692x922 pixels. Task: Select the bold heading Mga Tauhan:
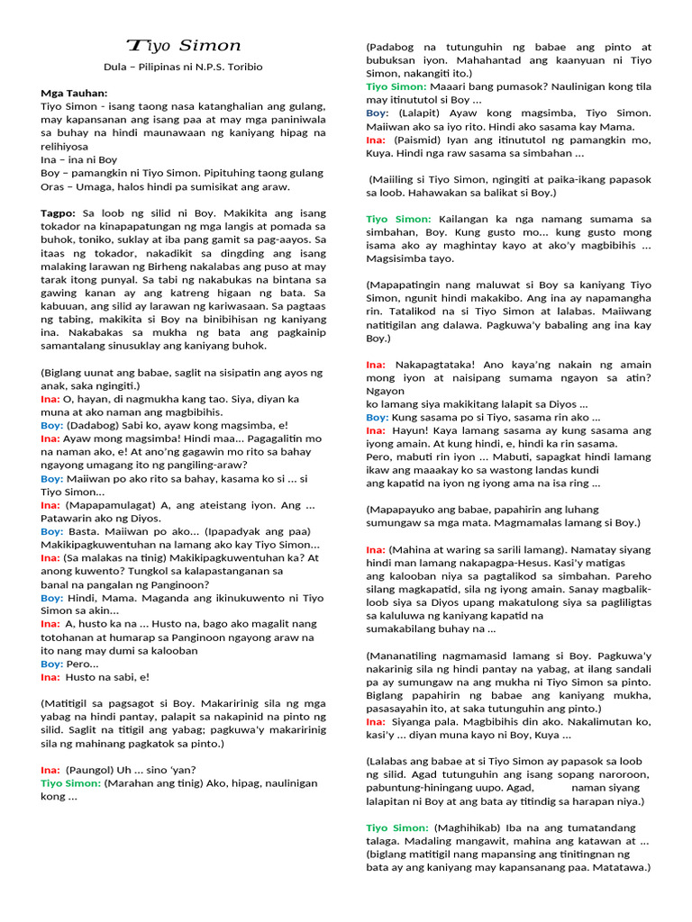pyautogui.click(x=74, y=93)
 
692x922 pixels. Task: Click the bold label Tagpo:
pyautogui.click(x=59, y=212)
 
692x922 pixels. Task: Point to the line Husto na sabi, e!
pyautogui.click(x=107, y=676)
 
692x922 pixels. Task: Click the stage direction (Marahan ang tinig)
pyautogui.click(x=156, y=783)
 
